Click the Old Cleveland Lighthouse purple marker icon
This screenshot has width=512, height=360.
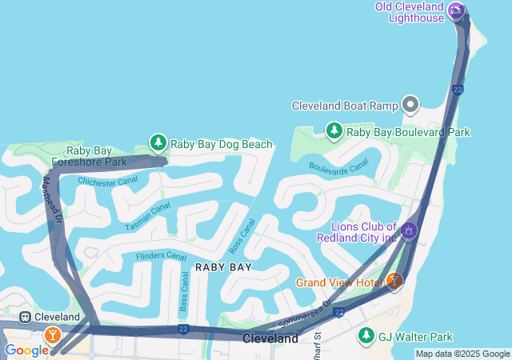[x=456, y=10]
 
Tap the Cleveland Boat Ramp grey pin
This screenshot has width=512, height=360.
[x=410, y=105]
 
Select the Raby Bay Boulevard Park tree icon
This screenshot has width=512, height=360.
[x=334, y=130]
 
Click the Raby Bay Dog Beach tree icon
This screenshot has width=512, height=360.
[x=158, y=143]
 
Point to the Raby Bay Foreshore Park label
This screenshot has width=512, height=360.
[x=90, y=156]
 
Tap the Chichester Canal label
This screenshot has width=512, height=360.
[x=107, y=181]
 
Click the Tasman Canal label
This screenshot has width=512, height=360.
[x=148, y=217]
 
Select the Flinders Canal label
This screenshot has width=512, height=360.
[x=161, y=256]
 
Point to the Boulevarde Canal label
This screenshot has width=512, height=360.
[x=338, y=166]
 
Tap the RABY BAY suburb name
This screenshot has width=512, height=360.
[x=224, y=267]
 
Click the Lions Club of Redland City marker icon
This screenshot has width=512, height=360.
[x=409, y=231]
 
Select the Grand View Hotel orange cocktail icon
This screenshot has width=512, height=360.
[x=394, y=282]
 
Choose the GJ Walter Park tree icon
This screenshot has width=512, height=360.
[x=366, y=335]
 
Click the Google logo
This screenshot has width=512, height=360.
[x=26, y=350]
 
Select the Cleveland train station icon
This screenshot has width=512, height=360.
[x=25, y=317]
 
